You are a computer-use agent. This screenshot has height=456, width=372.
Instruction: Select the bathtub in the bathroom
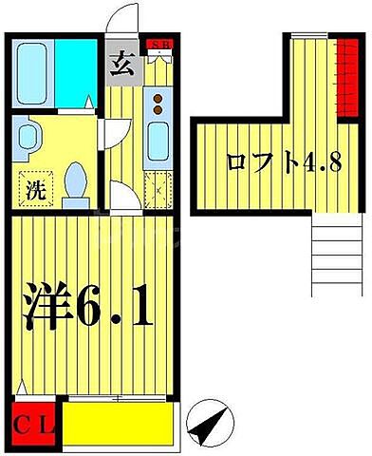tap(33, 72)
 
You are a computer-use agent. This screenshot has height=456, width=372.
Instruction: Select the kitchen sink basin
tap(158, 143)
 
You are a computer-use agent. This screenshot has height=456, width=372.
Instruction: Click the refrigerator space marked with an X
tap(156, 187)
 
